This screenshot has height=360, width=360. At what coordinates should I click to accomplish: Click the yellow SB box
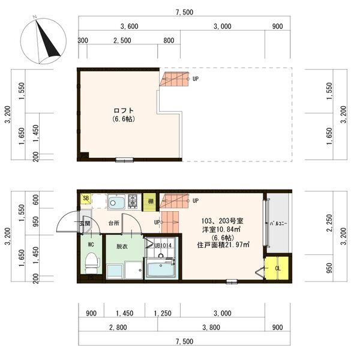point(86,199)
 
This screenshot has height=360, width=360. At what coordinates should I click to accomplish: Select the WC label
point(91,245)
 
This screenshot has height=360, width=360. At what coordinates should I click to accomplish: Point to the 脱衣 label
point(121,245)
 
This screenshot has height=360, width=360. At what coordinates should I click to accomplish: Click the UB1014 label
point(163,245)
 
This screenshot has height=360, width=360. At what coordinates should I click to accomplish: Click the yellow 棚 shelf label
point(151,201)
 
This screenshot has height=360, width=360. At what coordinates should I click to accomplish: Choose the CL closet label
point(278,268)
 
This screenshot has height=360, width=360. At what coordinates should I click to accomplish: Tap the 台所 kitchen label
point(113,223)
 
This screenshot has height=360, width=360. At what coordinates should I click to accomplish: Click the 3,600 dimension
point(130,26)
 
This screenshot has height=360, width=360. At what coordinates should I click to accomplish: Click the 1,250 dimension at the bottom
point(163,313)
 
